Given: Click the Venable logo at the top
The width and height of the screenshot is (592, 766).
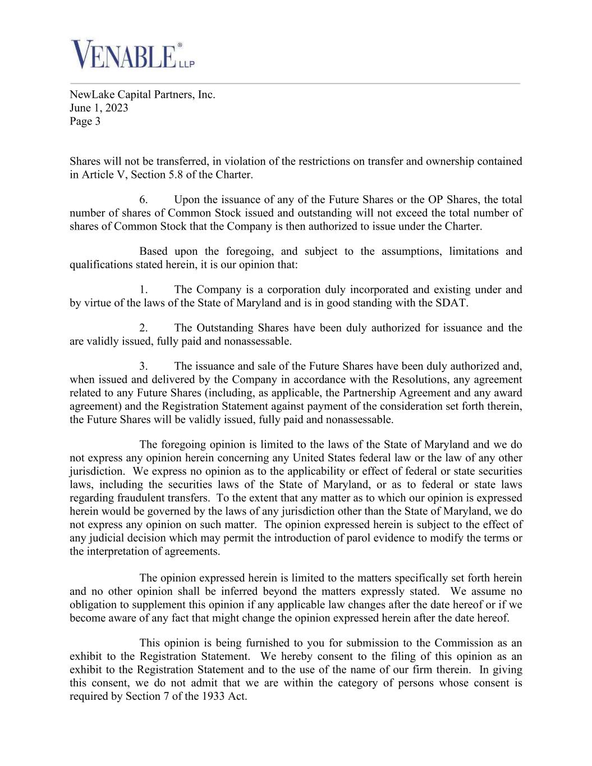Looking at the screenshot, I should tap(132, 54).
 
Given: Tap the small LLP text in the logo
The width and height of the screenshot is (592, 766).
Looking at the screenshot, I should tap(186, 65).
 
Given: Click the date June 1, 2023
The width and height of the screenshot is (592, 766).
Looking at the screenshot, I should tap(99, 108).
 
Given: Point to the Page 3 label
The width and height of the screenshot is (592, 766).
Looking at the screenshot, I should tap(85, 121).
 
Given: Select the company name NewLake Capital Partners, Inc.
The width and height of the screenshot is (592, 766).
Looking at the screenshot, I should tap(142, 94).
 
